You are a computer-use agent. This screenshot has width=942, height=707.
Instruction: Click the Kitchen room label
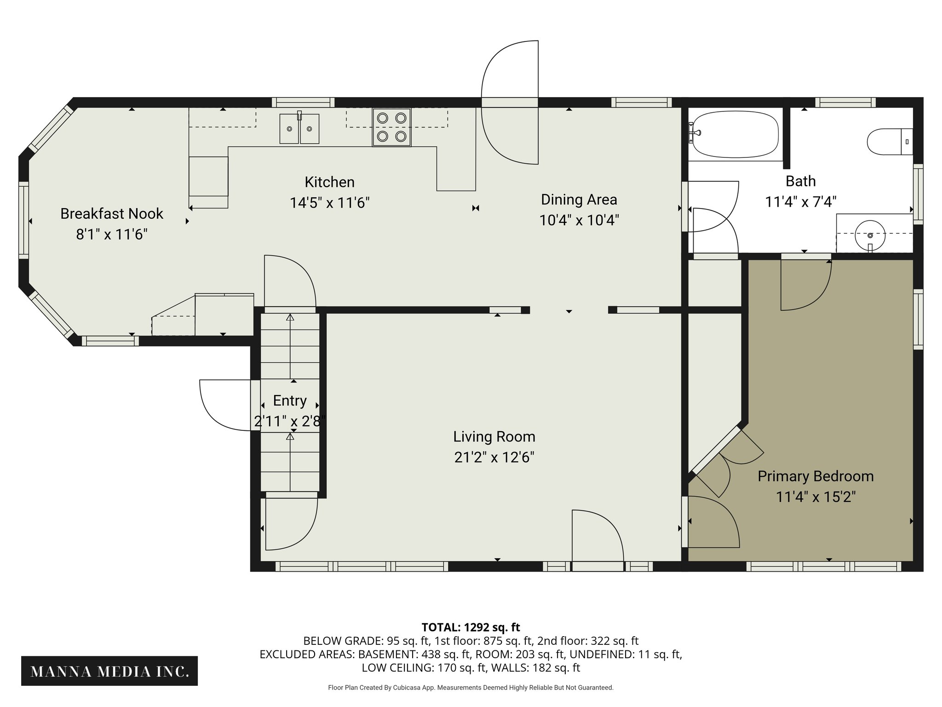(329, 182)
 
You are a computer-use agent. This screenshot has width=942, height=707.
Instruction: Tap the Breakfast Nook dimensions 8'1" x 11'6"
(112, 235)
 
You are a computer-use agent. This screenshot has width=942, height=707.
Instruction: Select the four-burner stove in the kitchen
(391, 127)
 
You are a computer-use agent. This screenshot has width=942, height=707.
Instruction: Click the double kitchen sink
(299, 129)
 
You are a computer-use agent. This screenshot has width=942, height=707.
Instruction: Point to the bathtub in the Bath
(735, 134)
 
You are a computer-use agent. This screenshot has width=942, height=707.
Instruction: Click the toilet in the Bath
(887, 142)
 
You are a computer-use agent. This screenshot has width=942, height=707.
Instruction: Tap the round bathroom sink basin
(870, 235)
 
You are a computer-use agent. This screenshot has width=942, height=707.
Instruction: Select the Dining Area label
(579, 200)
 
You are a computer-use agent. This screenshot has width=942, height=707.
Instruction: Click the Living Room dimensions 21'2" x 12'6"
(494, 458)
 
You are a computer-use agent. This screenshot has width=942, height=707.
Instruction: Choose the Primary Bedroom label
(816, 476)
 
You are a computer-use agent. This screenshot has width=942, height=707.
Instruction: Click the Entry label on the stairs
(289, 401)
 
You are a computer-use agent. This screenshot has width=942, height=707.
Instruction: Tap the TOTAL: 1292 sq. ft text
(471, 627)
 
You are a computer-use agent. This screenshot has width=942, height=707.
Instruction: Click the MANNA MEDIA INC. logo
(109, 671)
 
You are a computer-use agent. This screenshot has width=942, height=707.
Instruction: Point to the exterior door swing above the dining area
(510, 102)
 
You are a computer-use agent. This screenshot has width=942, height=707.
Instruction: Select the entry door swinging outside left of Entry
(225, 405)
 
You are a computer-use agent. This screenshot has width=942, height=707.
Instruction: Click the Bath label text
(800, 181)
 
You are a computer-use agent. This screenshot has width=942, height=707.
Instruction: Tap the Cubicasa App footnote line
(471, 688)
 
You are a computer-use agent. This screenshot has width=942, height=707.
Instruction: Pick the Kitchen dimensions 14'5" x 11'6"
(329, 203)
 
